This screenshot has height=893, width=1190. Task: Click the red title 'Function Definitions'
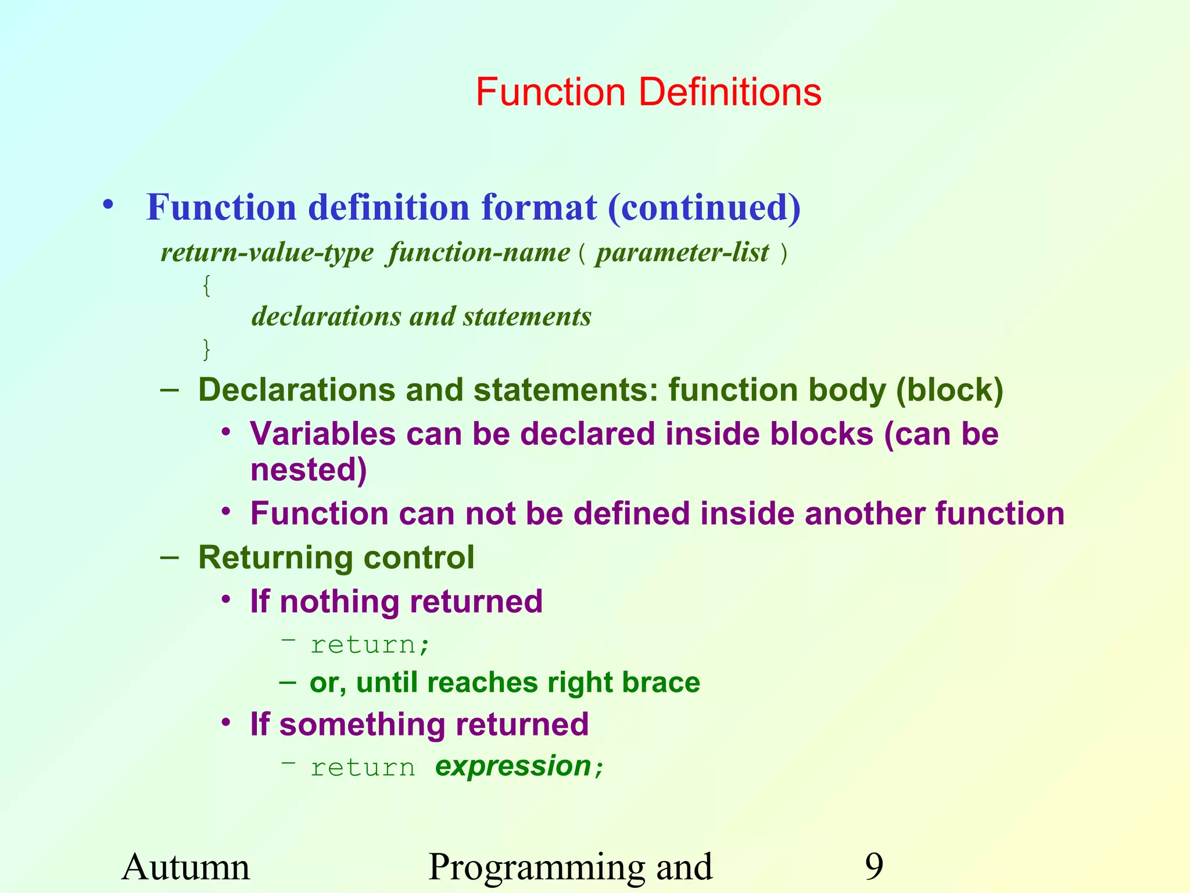[648, 92]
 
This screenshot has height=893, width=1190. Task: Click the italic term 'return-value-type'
[267, 253]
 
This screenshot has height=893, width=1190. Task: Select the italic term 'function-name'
[479, 253]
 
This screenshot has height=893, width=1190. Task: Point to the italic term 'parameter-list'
[682, 253]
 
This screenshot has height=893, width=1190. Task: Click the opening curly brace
[206, 285]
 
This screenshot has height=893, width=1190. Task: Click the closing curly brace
[206, 349]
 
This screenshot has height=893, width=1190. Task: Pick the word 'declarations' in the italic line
[326, 317]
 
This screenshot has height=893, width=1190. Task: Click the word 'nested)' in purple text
[309, 469]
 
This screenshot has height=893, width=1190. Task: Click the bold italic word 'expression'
[512, 766]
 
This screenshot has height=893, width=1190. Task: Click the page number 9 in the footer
[873, 867]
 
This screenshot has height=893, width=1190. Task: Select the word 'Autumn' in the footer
[185, 867]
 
